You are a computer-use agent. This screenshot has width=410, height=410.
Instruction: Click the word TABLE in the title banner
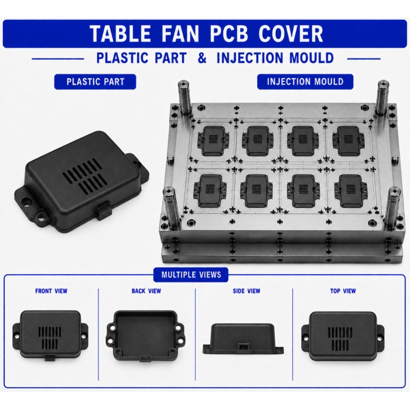(x=121, y=34)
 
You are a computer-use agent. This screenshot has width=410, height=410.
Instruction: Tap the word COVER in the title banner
(x=291, y=34)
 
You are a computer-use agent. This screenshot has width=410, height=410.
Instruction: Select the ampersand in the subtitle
(x=202, y=58)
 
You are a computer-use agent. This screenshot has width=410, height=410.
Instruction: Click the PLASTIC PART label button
(x=95, y=81)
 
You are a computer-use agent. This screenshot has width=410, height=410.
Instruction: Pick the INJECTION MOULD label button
(x=305, y=81)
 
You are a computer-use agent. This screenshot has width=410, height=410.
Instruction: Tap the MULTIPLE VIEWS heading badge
(x=191, y=275)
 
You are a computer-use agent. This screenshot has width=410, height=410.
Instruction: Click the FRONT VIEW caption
(x=52, y=291)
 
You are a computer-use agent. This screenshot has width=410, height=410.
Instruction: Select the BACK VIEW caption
(x=146, y=291)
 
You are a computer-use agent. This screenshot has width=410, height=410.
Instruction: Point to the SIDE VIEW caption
(x=247, y=291)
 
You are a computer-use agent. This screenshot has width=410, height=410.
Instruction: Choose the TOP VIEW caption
(x=343, y=291)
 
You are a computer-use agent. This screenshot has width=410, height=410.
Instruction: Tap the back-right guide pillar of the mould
(x=383, y=98)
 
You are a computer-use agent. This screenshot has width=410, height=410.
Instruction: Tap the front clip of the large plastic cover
(x=104, y=210)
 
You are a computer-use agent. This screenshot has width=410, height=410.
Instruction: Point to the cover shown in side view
(x=243, y=339)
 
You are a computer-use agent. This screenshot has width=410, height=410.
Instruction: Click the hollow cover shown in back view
(x=146, y=336)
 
